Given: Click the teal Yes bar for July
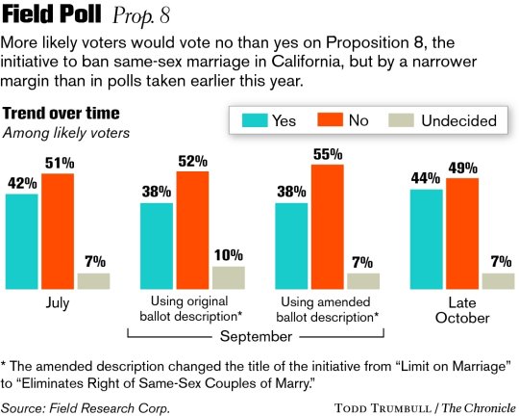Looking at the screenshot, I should click(x=21, y=242).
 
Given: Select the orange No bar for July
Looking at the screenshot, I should click(x=57, y=231).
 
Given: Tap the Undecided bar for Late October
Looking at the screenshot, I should click(x=498, y=280).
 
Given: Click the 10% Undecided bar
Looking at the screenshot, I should click(x=228, y=277).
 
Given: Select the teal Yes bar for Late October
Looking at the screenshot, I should click(x=426, y=239).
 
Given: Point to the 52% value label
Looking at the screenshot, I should click(x=192, y=159).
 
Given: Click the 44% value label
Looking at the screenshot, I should click(x=425, y=178).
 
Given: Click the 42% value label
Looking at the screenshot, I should click(x=21, y=183).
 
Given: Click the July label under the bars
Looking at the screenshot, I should click(x=57, y=301).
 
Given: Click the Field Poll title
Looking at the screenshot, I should click(x=52, y=17).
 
